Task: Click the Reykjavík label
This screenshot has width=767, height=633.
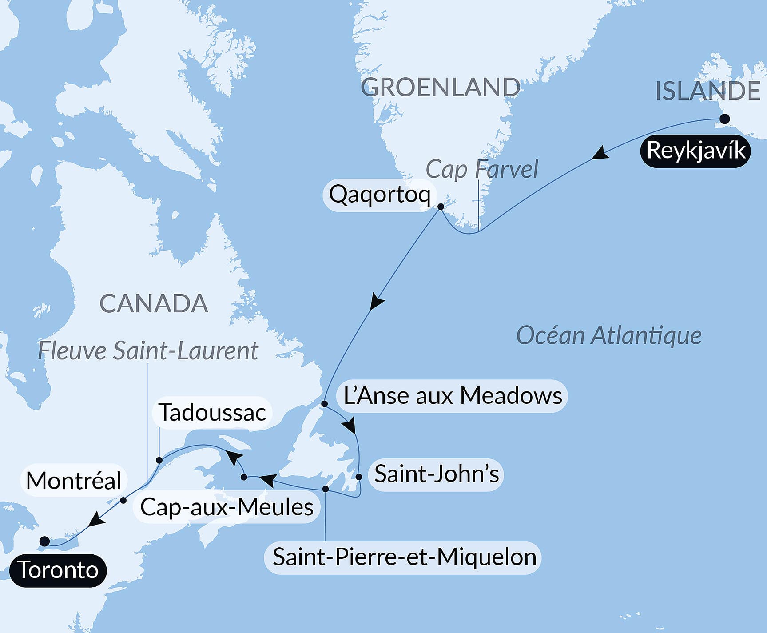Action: [x=695, y=151]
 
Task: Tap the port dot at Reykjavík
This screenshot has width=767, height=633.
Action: [x=724, y=119]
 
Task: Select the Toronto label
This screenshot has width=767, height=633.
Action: [x=58, y=570]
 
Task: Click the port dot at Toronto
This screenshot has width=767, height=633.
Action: [x=44, y=541]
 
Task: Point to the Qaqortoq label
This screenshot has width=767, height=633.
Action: [x=380, y=195]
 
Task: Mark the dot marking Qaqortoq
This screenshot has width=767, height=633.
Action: [x=441, y=207]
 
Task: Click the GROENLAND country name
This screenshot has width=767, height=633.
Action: [x=440, y=87]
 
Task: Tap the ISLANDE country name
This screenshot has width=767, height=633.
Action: [x=708, y=91]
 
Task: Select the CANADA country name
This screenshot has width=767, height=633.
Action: [x=154, y=304]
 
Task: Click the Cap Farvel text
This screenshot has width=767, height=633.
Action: [x=481, y=169]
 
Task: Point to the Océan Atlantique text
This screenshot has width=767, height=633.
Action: [x=608, y=335]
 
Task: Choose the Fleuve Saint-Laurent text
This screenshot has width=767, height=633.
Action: [x=148, y=351]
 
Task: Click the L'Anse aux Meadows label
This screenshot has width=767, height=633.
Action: [x=453, y=396]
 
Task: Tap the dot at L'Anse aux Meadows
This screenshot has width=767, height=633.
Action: [x=325, y=404]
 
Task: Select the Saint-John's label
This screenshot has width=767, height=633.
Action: [x=436, y=474]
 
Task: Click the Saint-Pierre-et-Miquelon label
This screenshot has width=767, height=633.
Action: [x=404, y=557]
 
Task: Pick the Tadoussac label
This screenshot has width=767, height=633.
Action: [x=212, y=413]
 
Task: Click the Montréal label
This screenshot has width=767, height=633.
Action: [x=74, y=481]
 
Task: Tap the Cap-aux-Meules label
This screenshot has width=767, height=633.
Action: [x=227, y=507]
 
